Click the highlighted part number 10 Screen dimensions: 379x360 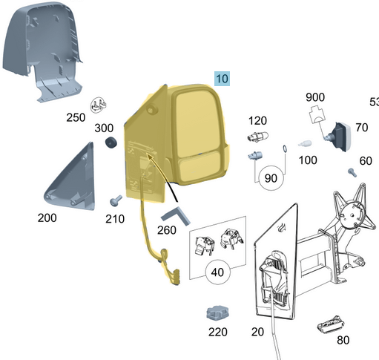click(222, 79)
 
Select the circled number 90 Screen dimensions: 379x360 click(271, 178)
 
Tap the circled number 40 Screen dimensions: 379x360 click(217, 272)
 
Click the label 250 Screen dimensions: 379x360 click(76, 117)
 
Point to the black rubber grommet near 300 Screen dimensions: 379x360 click(111, 143)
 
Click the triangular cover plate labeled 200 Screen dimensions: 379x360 click(71, 178)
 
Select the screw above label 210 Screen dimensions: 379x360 click(116, 200)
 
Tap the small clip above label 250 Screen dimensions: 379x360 click(98, 105)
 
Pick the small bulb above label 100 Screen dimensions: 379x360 click(305, 144)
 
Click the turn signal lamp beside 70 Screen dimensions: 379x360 click(338, 137)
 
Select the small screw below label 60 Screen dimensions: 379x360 click(352, 172)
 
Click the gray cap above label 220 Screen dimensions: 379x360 click(217, 313)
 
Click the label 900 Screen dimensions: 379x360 click(315, 97)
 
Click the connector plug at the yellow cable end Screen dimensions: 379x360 click(177, 277)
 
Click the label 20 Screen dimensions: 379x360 click(257, 332)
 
